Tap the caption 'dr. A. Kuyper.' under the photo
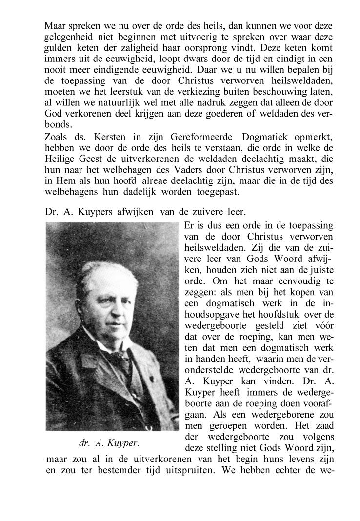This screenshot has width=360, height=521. point(109,443)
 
